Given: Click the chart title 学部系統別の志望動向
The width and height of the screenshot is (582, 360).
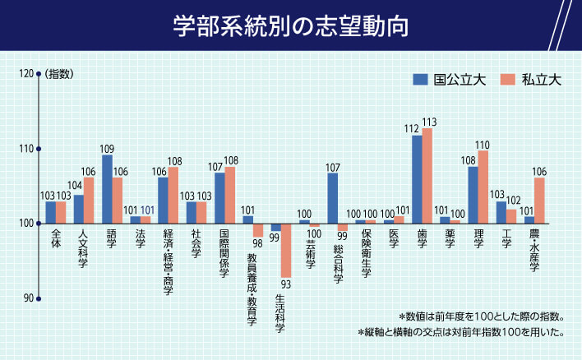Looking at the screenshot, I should (x=291, y=25).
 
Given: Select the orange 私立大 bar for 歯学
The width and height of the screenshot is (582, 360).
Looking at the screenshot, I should (x=427, y=176).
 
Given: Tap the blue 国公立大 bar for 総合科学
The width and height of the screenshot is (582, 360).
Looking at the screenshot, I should (x=332, y=198).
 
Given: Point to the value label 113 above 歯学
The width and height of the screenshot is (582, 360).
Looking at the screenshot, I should (x=428, y=122).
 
